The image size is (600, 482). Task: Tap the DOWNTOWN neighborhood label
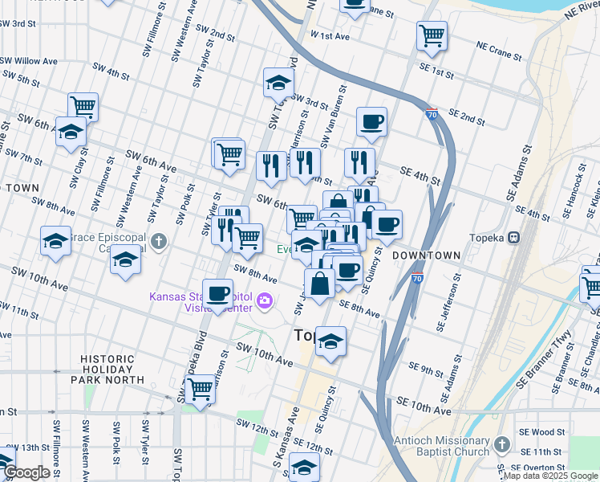tap(427, 255)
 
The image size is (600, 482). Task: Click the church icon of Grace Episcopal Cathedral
tap(159, 239)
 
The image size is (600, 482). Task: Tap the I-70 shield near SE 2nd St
tap(432, 115)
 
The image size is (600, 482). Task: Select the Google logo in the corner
tap(26, 472)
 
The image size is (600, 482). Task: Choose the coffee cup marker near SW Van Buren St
tap(371, 122)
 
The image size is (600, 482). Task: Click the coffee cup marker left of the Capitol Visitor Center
tap(217, 294)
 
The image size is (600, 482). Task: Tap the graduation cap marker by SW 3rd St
tap(278, 82)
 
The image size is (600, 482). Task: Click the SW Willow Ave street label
tap(28, 61)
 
